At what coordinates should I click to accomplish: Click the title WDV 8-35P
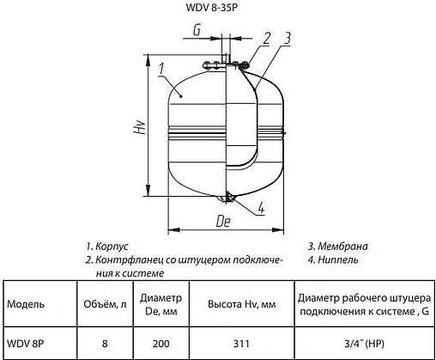[217, 12]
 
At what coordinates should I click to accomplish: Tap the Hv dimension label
[138, 129]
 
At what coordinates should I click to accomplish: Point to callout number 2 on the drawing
[267, 37]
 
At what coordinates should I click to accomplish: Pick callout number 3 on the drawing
[288, 37]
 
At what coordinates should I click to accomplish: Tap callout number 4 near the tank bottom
[260, 206]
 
